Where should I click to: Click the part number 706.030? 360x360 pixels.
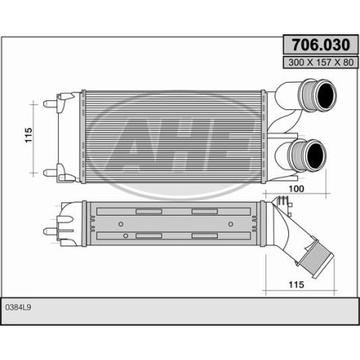(321, 45)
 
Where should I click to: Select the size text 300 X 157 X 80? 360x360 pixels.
(321, 62)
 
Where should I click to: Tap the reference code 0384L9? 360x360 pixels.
(18, 307)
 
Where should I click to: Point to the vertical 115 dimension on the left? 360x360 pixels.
(29, 135)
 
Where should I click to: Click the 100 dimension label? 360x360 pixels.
(296, 189)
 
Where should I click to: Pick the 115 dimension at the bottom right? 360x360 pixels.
(296, 284)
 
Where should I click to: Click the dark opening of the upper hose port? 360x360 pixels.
(326, 94)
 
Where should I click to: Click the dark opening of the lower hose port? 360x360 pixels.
(316, 155)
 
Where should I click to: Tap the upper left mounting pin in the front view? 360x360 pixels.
(50, 104)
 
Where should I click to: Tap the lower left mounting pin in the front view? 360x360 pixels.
(50, 173)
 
